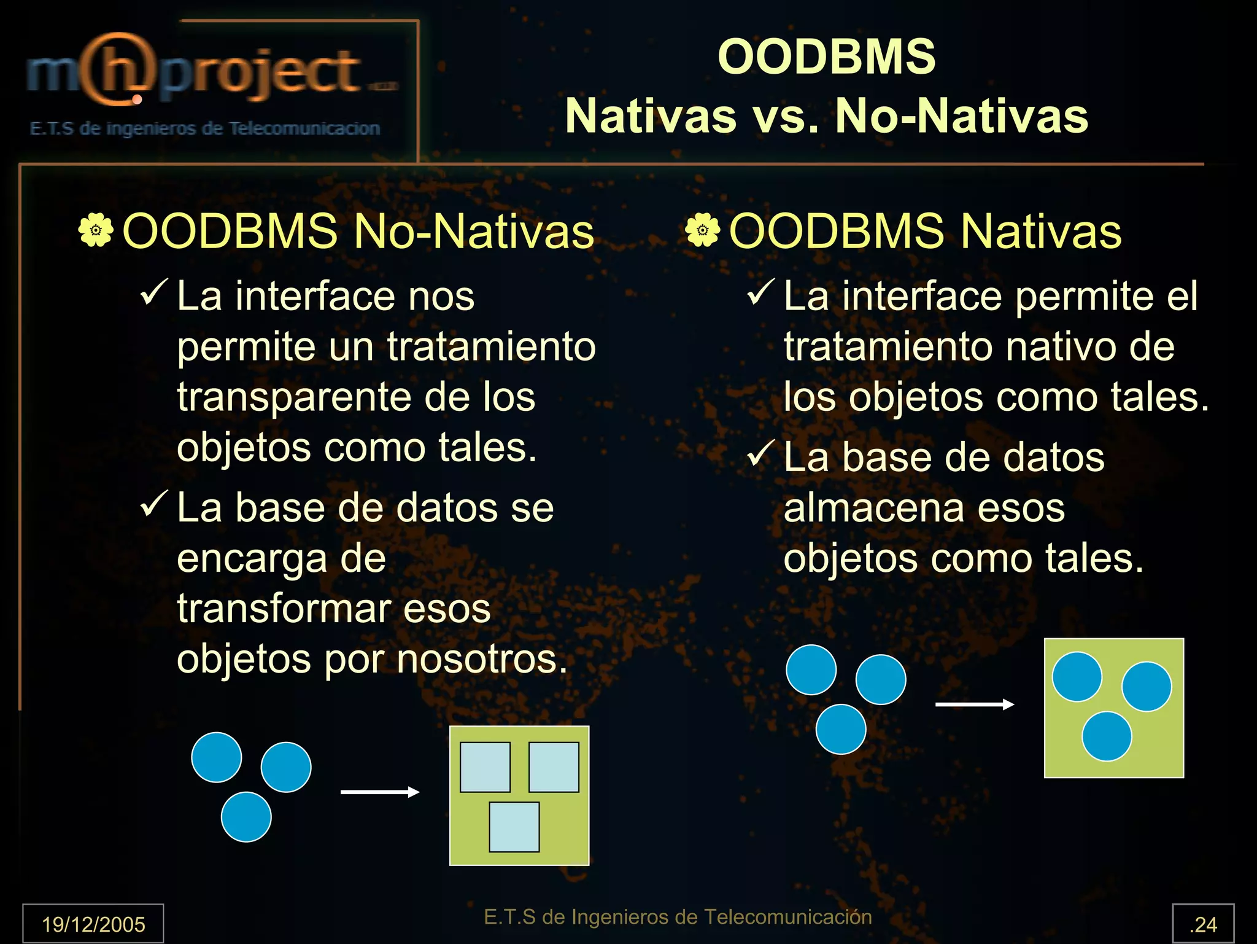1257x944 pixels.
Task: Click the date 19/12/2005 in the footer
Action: point(93,924)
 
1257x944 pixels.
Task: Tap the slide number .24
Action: point(1203,924)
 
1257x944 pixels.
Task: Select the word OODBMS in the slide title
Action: point(826,57)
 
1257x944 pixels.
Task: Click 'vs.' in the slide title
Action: point(786,116)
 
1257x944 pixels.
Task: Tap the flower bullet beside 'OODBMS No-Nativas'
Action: point(96,231)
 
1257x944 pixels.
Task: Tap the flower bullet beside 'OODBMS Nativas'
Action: point(702,231)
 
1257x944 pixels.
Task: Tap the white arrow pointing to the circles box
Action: point(974,704)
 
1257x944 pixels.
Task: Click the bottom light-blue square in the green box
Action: point(514,827)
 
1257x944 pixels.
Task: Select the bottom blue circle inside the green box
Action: point(1107,736)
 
